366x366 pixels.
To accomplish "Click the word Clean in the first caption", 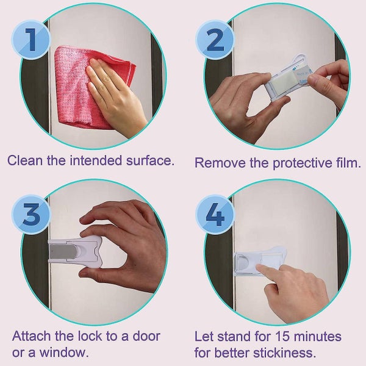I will coord(24,162).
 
